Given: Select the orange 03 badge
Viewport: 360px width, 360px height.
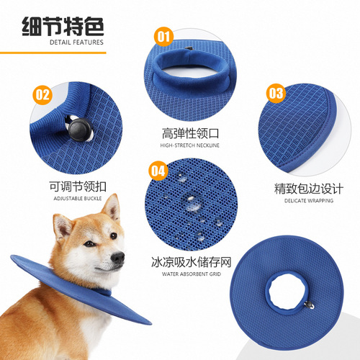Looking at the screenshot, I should click(276, 93).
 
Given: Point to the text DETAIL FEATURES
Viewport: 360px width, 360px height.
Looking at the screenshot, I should click(77, 42).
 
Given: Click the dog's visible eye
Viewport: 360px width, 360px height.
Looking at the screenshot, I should click(89, 244).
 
